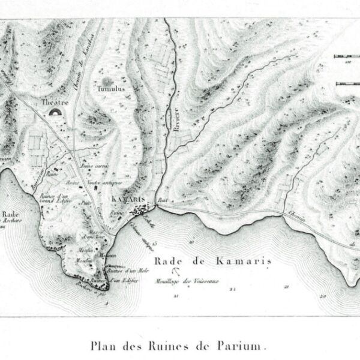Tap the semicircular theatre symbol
[x=56, y=112]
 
